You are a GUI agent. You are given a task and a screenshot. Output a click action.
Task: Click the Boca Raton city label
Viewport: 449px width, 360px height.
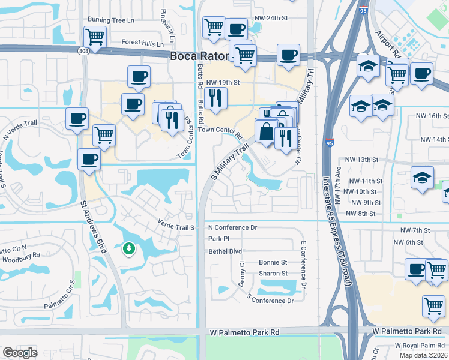198,56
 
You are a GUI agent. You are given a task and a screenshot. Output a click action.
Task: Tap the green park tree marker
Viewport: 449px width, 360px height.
128,248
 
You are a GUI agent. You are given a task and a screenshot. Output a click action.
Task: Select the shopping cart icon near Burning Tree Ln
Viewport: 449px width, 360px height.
95,37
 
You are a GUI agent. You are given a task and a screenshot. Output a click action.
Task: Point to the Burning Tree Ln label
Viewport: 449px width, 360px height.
111,20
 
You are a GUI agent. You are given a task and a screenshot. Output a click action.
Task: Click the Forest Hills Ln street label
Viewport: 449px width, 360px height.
142,44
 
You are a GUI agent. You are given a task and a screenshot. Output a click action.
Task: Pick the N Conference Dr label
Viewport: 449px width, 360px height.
232,228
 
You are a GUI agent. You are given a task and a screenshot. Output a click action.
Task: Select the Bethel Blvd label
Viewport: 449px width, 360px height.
225,251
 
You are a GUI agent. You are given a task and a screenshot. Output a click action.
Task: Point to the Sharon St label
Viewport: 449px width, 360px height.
273,274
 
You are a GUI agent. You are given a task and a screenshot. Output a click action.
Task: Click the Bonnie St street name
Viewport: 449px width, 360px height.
273,263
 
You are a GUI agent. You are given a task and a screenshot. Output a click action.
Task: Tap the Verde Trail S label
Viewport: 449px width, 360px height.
176,228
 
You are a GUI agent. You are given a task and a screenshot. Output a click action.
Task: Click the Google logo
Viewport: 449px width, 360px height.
20,353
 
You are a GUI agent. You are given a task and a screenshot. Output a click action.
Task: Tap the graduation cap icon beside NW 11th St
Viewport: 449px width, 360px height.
422,178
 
